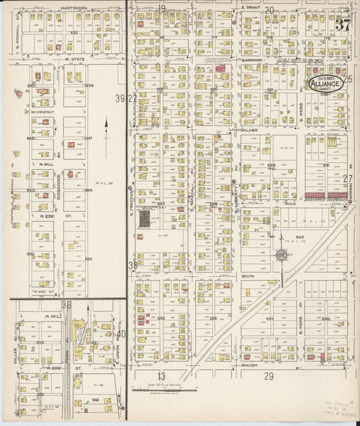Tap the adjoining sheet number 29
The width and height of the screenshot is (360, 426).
click(x=269, y=375)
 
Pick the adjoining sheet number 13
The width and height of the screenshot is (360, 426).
click(x=161, y=375)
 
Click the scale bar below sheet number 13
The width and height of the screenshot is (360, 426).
click(x=165, y=390)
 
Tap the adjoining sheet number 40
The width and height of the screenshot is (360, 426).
click(x=120, y=334)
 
